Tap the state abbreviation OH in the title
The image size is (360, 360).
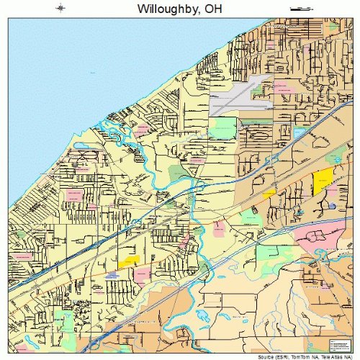(211, 9)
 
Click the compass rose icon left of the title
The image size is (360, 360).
(60, 9)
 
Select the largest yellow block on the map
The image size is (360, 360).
(323, 181)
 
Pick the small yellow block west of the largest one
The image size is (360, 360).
(269, 193)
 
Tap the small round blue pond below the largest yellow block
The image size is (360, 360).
(332, 206)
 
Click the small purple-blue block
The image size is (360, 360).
(112, 275)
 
